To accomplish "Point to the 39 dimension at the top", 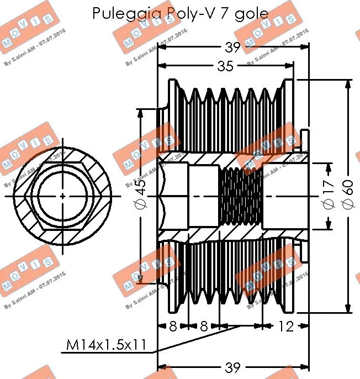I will pyautogui.click(x=233, y=48).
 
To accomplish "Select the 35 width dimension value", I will pyautogui.click(x=225, y=67).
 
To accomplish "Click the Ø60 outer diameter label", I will pyautogui.click(x=347, y=196).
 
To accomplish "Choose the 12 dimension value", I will pyautogui.click(x=286, y=327).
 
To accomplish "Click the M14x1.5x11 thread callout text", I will pyautogui.click(x=106, y=345).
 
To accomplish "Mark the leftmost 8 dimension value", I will pyautogui.click(x=172, y=327).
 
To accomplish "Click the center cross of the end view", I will pyautogui.click(x=62, y=196).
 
